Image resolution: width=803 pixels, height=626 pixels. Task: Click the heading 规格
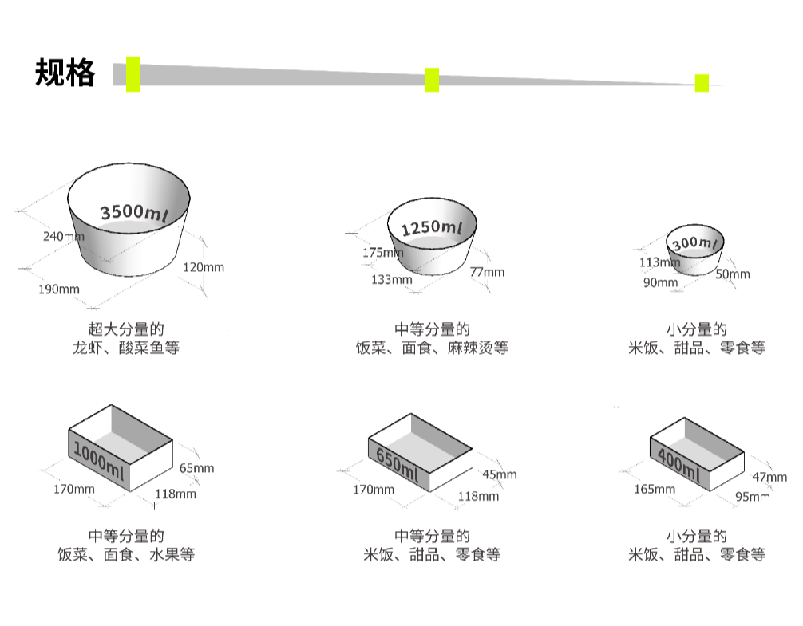click(65, 73)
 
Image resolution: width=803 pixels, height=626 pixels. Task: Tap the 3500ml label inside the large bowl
click(133, 212)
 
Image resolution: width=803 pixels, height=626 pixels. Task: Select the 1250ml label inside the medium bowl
click(431, 229)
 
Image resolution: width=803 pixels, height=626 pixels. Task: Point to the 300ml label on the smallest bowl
click(694, 242)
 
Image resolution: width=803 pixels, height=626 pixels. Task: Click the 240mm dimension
click(63, 236)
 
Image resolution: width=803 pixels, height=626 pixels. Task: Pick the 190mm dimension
click(59, 289)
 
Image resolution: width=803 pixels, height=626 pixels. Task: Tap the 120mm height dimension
click(204, 267)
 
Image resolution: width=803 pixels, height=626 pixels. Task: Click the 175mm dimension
click(382, 253)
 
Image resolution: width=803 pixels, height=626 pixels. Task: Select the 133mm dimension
click(391, 280)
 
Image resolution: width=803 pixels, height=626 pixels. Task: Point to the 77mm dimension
click(487, 273)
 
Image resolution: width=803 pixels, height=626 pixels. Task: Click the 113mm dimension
click(659, 262)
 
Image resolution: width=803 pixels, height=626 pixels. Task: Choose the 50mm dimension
click(733, 274)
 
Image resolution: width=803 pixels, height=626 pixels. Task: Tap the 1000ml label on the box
click(99, 462)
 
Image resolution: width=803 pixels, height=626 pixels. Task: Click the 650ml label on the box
click(397, 465)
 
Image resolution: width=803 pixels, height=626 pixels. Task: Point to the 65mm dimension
click(196, 468)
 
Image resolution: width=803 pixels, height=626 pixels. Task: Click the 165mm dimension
click(655, 489)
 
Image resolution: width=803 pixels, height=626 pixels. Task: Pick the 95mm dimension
click(753, 497)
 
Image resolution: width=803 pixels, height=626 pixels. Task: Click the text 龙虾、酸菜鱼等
click(125, 348)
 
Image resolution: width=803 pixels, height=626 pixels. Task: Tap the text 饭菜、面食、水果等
click(125, 554)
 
